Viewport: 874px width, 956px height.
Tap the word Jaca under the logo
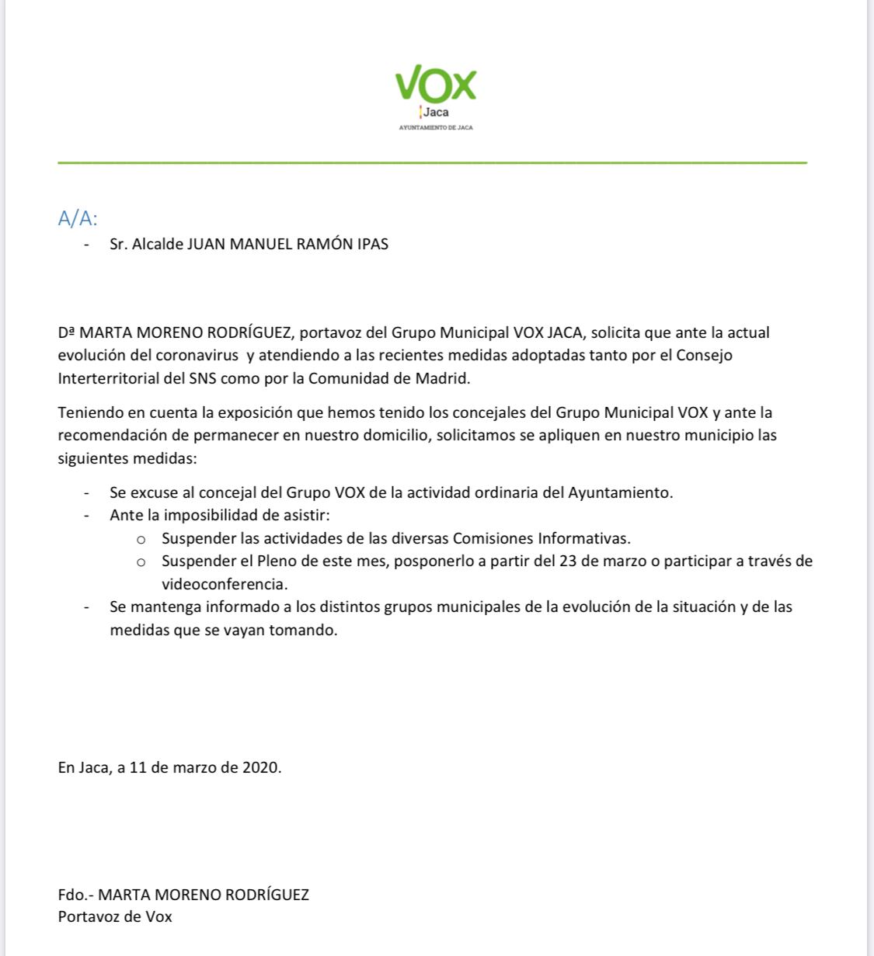point(436,113)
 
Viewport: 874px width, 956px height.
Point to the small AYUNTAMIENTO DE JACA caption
point(435,127)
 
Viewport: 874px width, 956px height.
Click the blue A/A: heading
point(78,218)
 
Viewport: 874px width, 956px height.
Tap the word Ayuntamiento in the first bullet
point(620,492)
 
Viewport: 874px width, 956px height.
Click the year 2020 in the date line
point(260,768)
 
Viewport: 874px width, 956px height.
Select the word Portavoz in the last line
point(89,916)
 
